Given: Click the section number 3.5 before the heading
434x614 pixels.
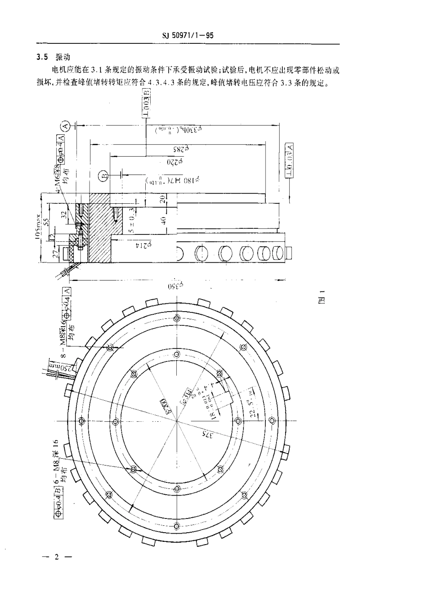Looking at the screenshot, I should [42, 57].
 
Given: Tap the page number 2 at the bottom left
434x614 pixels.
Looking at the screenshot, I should [57, 557].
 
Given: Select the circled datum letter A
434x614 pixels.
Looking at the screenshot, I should [65, 124].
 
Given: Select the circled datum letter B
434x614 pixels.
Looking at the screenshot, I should [104, 174].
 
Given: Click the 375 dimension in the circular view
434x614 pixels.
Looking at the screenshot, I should [208, 434].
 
